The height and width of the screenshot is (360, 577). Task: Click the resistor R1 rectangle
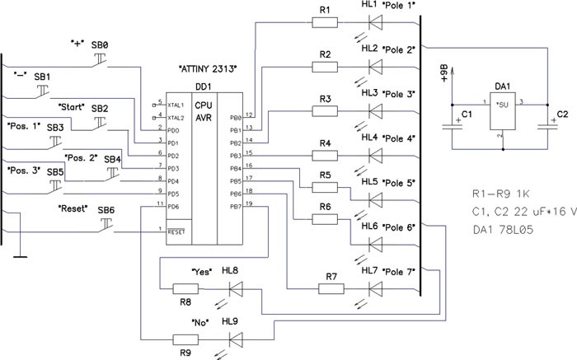pyautogui.click(x=326, y=22)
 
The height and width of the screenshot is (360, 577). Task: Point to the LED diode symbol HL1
pyautogui.click(x=375, y=22)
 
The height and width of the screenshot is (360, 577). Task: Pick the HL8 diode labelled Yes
pyautogui.click(x=236, y=288)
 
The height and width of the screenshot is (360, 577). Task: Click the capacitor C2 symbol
pyautogui.click(x=547, y=125)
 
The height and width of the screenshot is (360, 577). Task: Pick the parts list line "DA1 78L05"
pyautogui.click(x=503, y=233)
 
